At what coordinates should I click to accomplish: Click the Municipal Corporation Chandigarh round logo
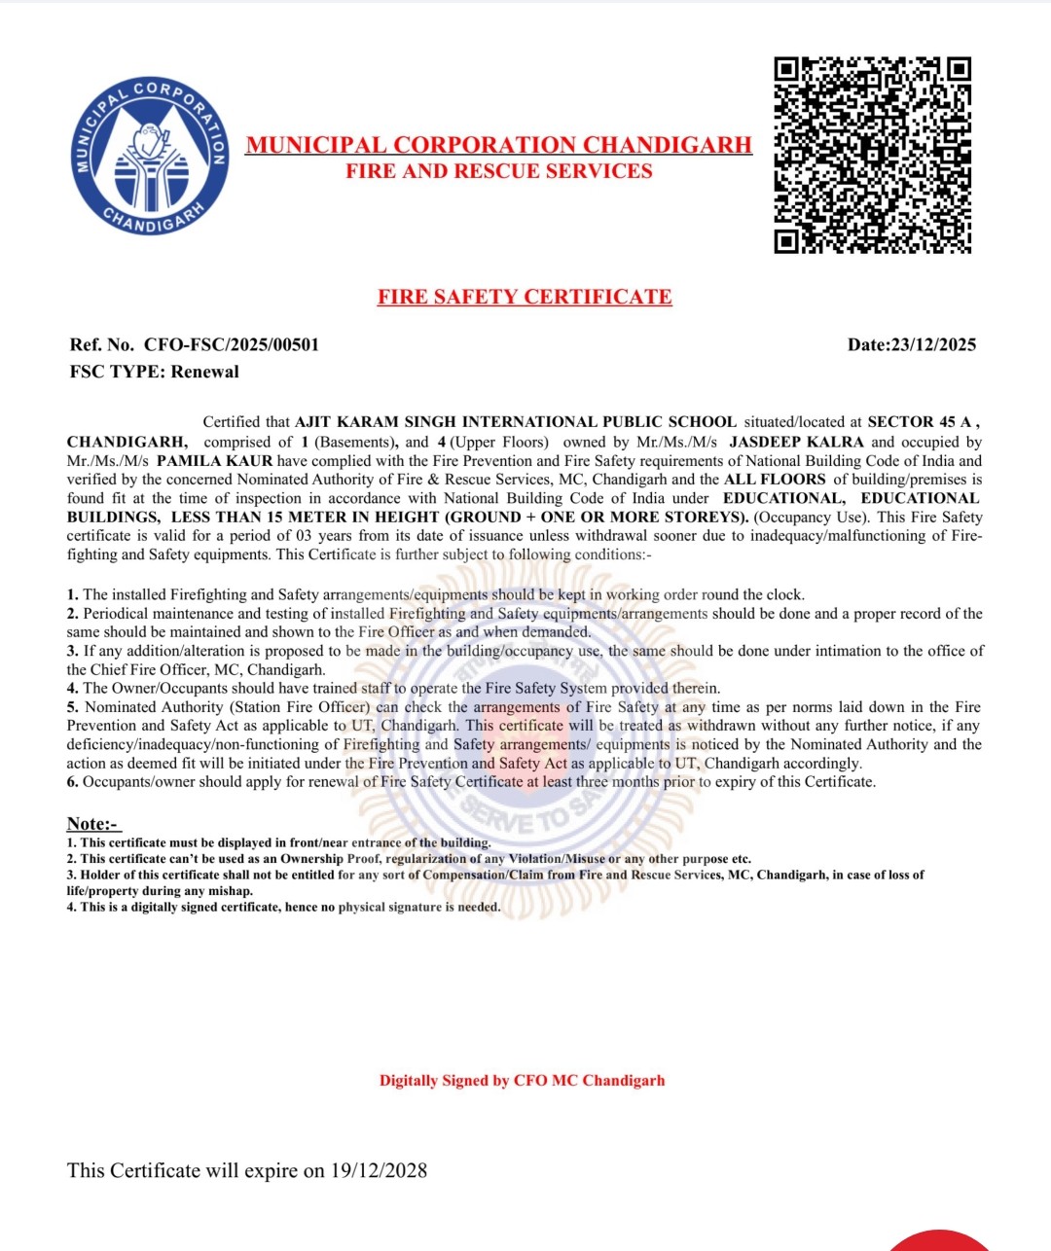point(152,156)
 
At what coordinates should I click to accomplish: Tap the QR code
point(873,156)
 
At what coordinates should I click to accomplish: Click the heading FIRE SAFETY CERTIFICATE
point(525,297)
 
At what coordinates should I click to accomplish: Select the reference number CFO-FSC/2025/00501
point(232,344)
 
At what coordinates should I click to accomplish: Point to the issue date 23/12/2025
point(933,344)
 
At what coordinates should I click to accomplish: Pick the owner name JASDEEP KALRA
point(796,442)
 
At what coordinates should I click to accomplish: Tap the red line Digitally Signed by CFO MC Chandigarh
point(523,1080)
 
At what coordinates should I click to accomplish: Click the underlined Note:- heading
point(92,824)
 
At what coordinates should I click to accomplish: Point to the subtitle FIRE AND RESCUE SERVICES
point(499,171)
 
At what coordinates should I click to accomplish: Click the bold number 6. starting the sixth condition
point(73,781)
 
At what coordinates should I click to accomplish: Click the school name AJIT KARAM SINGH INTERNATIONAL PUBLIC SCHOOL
point(516,422)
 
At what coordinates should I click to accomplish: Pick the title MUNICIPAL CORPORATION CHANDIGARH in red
point(498,145)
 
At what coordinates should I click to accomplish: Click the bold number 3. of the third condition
point(73,651)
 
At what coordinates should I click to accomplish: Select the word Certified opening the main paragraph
point(233,422)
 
